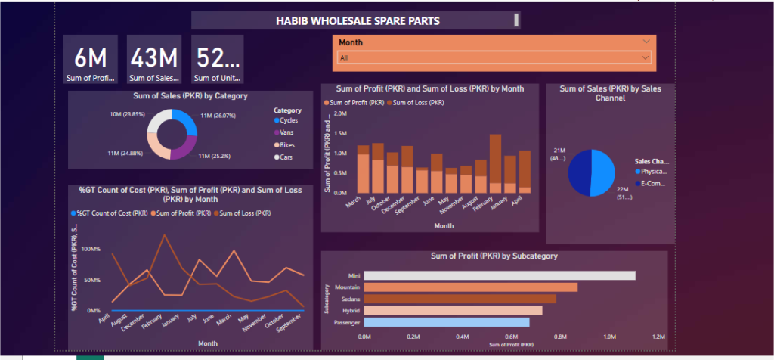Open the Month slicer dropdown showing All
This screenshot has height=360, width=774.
coord(494,57)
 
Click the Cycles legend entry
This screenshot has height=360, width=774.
coord(288,120)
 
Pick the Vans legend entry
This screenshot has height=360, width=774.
coord(286,132)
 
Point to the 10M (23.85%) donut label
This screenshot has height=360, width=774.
coord(126,116)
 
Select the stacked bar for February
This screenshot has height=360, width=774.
coord(496,164)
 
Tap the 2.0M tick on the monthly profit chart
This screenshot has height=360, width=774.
coord(339,113)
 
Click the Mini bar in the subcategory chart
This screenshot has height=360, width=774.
coord(500,275)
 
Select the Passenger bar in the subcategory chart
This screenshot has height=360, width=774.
coord(447,322)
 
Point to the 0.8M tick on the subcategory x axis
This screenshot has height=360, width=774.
coord(560,337)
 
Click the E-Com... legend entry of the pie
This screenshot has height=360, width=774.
coord(654,183)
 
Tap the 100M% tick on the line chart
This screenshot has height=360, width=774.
coord(88,249)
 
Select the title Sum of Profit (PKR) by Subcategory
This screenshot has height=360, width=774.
coord(494,256)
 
